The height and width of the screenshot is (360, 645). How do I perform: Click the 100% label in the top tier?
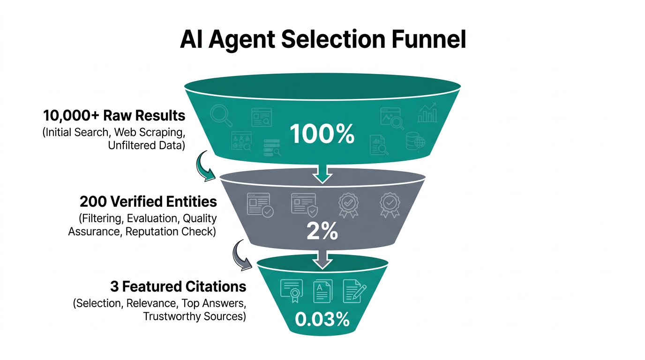click(x=322, y=134)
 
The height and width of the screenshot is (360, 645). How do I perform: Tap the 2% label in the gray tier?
click(x=322, y=232)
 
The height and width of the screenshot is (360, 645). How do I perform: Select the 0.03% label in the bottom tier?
click(x=322, y=319)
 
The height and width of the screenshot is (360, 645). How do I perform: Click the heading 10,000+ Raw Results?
click(x=114, y=115)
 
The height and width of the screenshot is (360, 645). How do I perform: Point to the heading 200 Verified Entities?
click(x=148, y=202)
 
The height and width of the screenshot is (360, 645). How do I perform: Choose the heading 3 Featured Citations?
click(x=178, y=286)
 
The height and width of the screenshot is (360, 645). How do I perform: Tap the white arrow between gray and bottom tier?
click(x=322, y=259)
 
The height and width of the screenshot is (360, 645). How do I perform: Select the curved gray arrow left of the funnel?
click(x=242, y=255)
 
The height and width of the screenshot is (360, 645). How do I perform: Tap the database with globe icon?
click(x=415, y=141)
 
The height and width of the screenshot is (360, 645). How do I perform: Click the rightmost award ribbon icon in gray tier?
click(x=390, y=205)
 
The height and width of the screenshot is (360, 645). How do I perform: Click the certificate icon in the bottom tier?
click(x=291, y=291)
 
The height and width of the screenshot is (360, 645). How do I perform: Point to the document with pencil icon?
click(x=354, y=291)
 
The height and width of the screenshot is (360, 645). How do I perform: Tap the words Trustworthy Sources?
click(x=194, y=316)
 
